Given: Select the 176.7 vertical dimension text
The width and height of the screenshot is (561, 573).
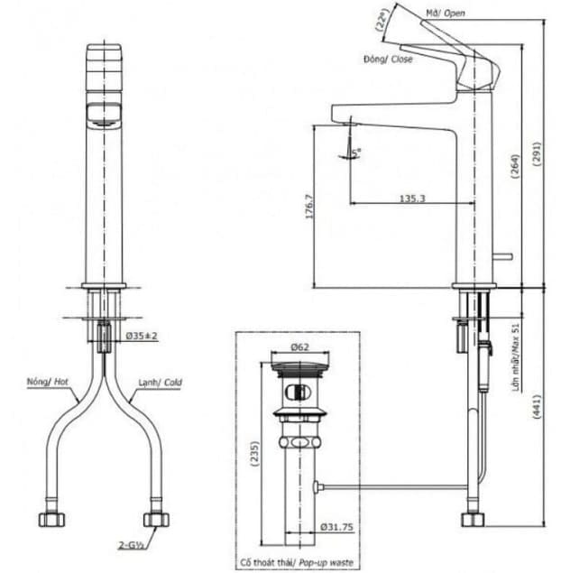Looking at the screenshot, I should tap(309, 206).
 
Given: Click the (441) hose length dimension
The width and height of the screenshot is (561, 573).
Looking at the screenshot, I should tap(534, 408).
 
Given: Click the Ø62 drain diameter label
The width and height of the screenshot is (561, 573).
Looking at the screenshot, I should tap(299, 347).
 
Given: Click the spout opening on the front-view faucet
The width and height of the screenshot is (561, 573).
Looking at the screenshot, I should tap(100, 113).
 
